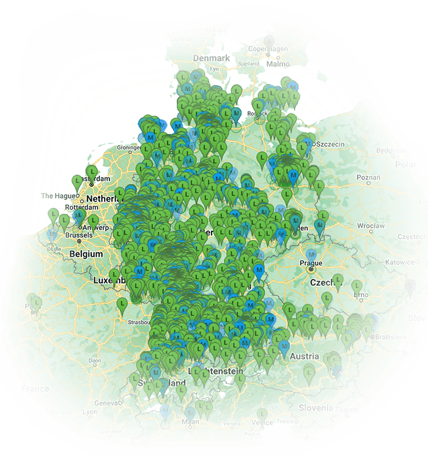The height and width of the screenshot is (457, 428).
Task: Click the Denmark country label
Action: [211, 58]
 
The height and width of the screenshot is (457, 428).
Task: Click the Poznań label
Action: [367, 177]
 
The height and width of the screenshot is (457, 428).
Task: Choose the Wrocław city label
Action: [372, 225]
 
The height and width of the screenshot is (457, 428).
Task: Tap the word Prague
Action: [311, 263]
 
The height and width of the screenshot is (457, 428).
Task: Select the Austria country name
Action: [304, 357]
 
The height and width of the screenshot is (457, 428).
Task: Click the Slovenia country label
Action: [315, 407]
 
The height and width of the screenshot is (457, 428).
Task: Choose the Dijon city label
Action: [94, 361]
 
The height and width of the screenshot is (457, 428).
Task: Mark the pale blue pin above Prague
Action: [311, 253]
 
